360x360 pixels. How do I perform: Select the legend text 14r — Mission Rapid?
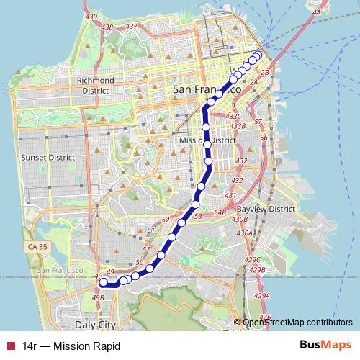[x=70, y=346]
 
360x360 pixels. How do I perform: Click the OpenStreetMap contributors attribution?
[x=300, y=323]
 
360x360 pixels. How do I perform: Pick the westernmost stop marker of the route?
[x=103, y=283]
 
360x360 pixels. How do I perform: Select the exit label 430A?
[x=246, y=233]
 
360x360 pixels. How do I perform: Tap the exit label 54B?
[x=220, y=214]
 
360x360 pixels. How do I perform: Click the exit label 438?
[x=108, y=27]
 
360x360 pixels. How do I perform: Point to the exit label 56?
[x=264, y=137]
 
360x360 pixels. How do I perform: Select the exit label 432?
[x=241, y=161]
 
